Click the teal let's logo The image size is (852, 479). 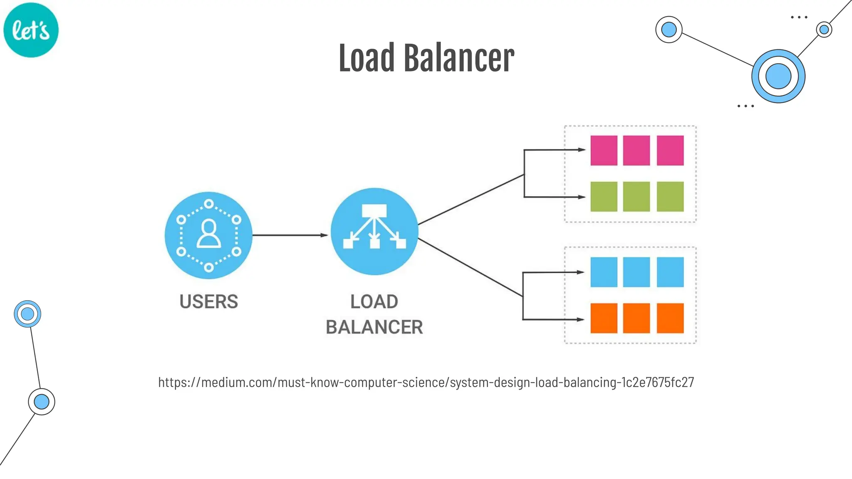click(x=31, y=30)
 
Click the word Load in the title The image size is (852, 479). click(x=366, y=58)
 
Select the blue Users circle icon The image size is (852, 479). click(x=208, y=235)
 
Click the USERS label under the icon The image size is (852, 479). click(x=208, y=301)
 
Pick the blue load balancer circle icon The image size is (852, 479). click(x=374, y=232)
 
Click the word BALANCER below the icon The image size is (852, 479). click(x=374, y=327)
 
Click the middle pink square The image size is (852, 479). click(x=637, y=151)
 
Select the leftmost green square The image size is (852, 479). click(x=604, y=197)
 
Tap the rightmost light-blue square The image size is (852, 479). click(x=670, y=272)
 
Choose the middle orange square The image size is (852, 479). click(x=637, y=319)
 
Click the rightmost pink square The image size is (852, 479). click(x=670, y=151)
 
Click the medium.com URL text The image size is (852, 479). click(x=426, y=382)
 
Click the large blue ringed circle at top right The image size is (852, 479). click(x=778, y=76)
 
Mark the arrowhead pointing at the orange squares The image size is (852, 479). click(x=581, y=319)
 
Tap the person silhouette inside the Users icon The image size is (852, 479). click(x=208, y=234)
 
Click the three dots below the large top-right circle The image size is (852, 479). click(x=745, y=106)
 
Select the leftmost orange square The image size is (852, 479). click(x=604, y=319)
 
